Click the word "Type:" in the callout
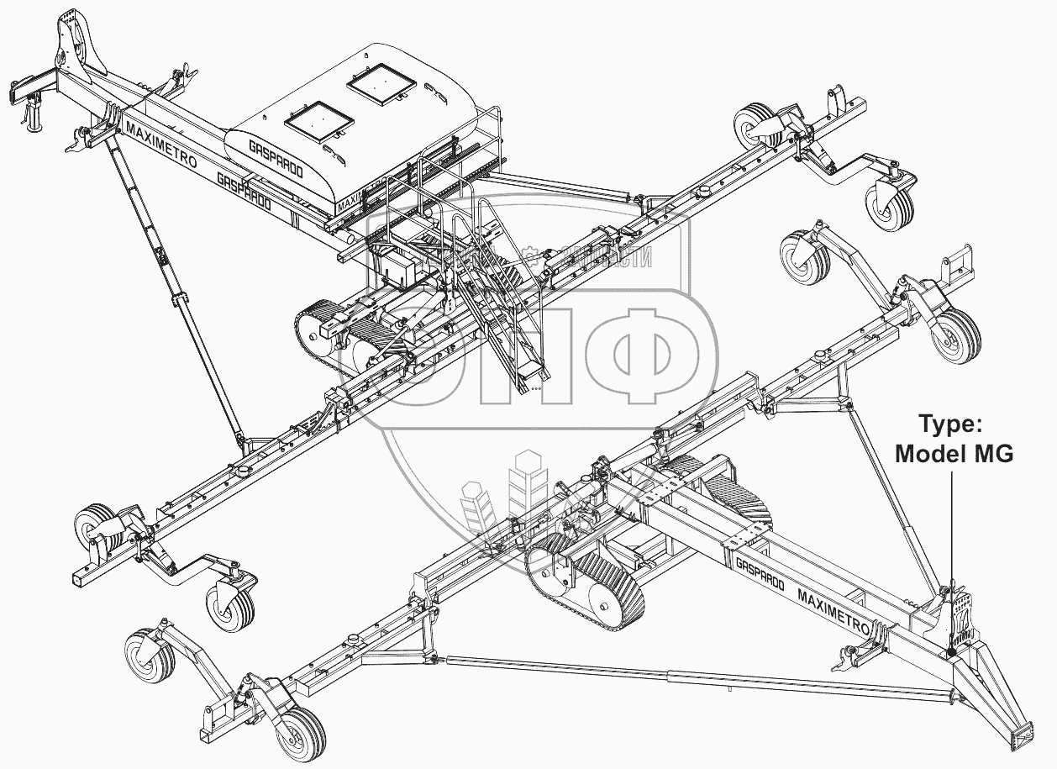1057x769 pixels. pos(949,424)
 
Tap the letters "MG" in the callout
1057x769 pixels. pos(994,455)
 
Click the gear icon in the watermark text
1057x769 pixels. pos(529,253)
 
